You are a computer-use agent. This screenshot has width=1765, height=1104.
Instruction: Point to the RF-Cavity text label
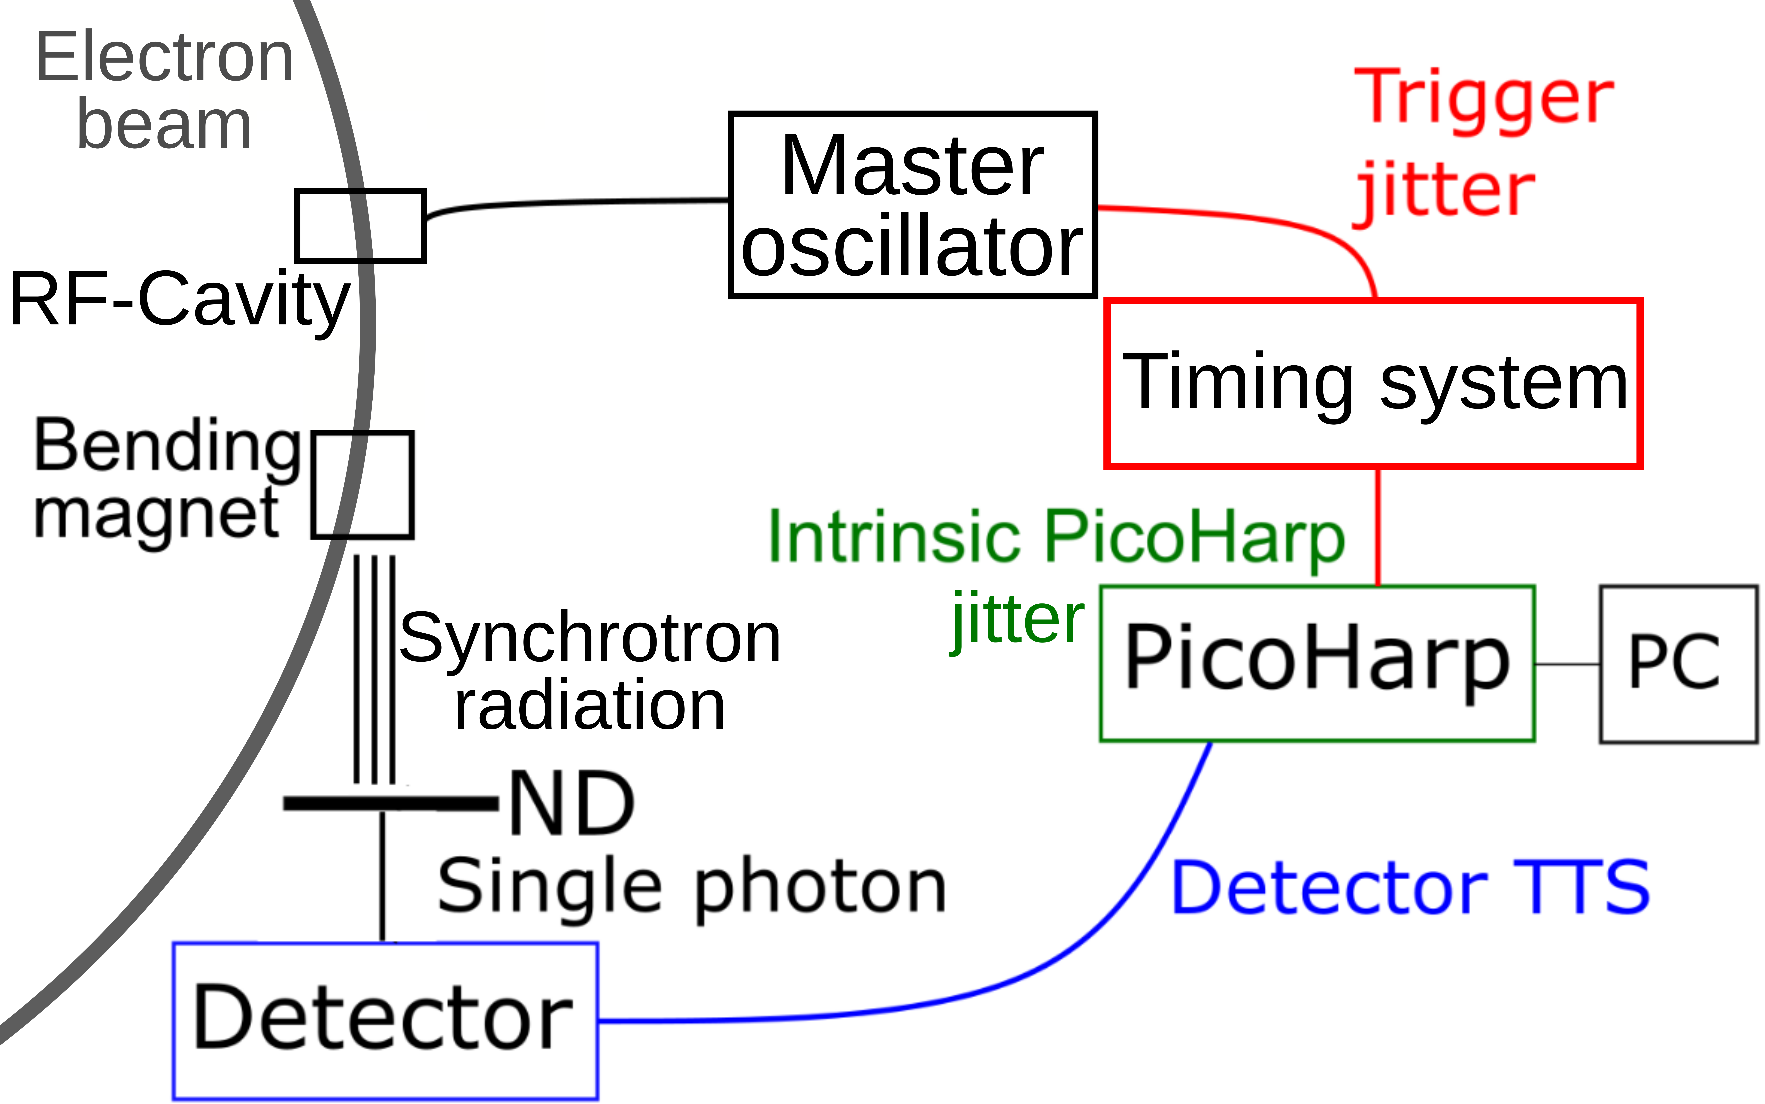(179, 299)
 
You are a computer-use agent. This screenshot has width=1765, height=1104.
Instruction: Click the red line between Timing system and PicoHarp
(1378, 526)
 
